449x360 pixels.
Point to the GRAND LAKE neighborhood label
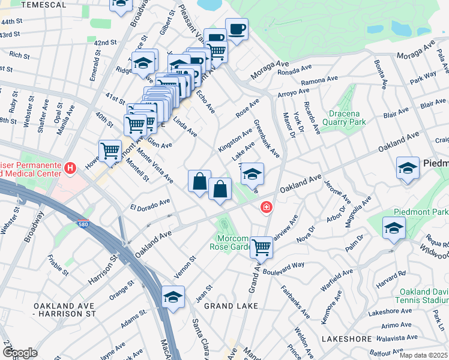[x=231, y=306]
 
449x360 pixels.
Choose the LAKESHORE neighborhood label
[x=347, y=339]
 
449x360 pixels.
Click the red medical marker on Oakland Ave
[x=265, y=208]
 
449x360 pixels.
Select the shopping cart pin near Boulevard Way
[x=261, y=246]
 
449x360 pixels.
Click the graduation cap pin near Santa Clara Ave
[x=173, y=297]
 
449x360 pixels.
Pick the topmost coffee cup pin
[x=237, y=29]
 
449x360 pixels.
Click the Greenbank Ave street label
[x=266, y=139]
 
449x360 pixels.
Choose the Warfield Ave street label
[x=336, y=280]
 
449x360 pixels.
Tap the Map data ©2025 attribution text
[x=423, y=355]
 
